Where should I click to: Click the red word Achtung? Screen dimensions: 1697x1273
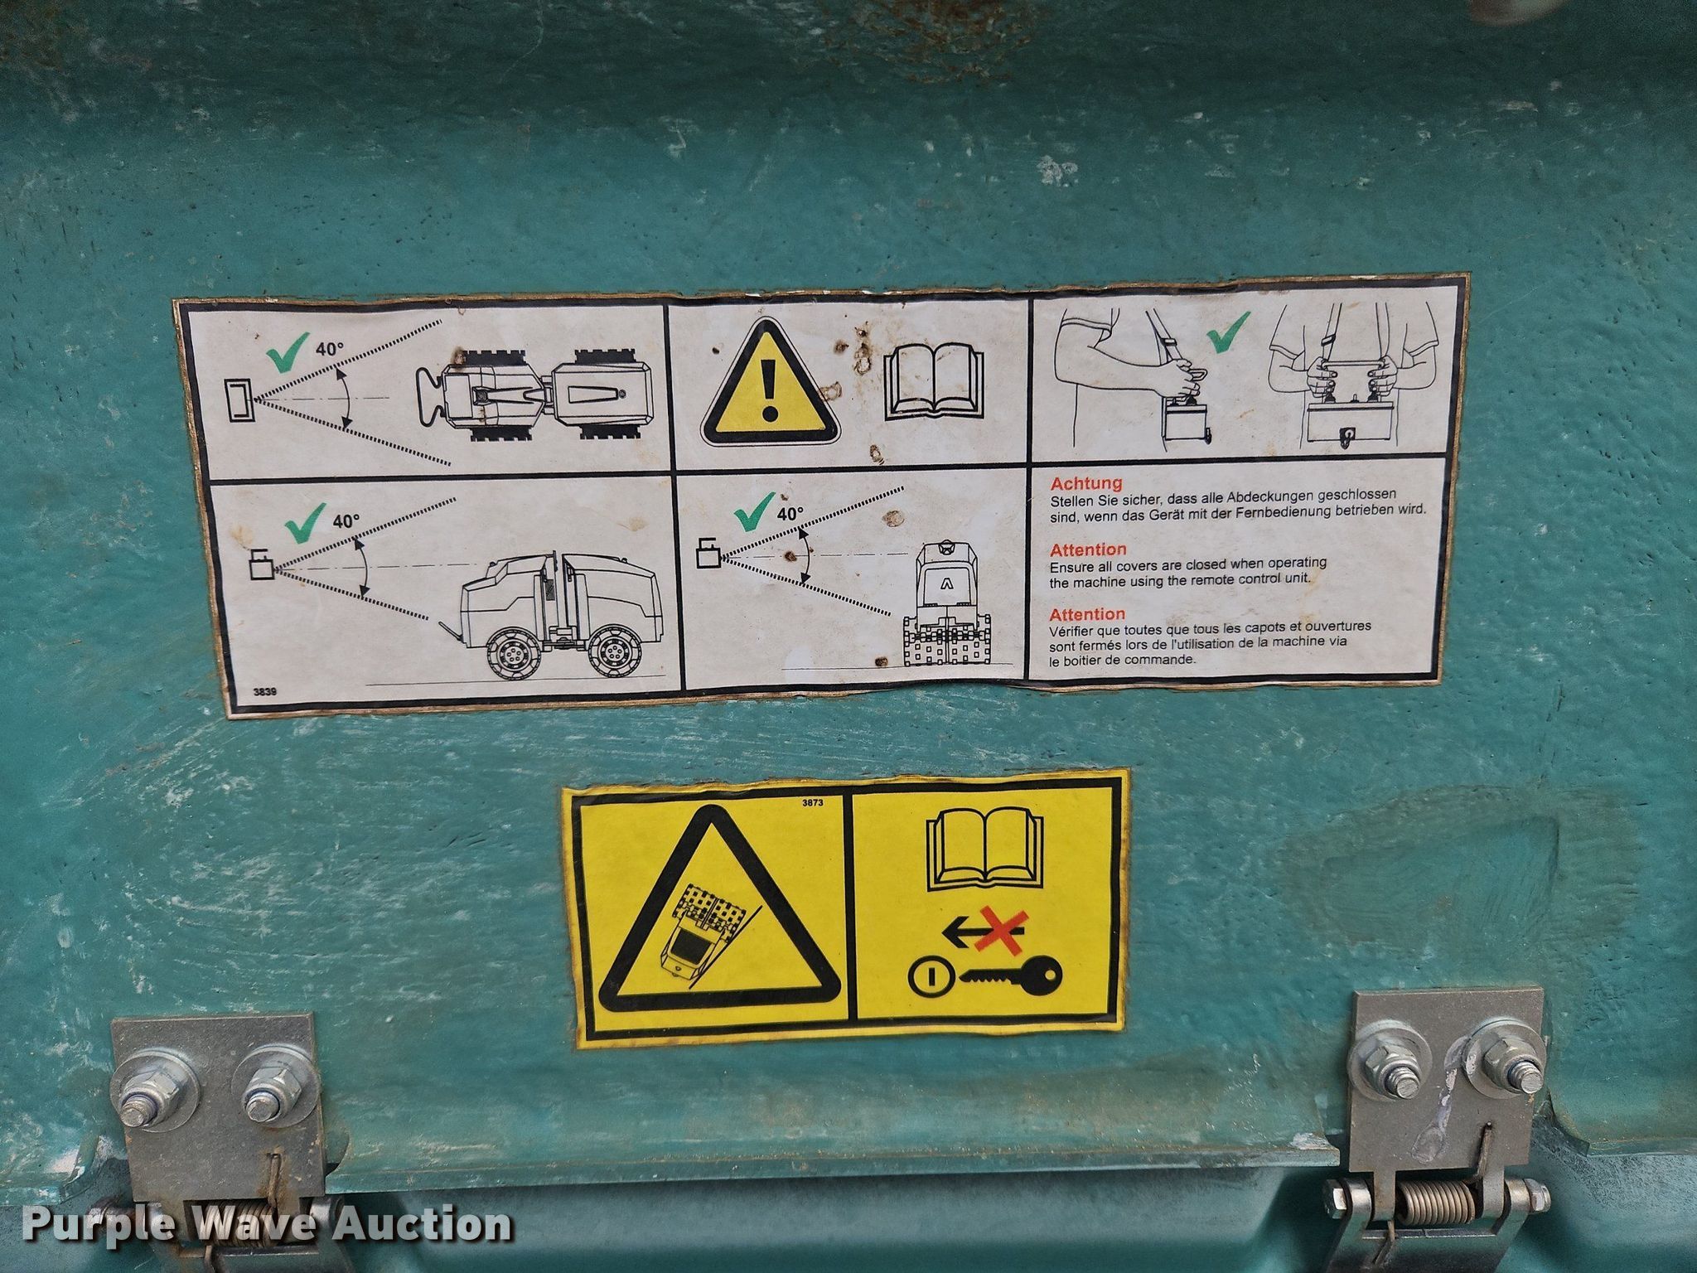[1086, 482]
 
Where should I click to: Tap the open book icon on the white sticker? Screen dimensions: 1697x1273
[934, 382]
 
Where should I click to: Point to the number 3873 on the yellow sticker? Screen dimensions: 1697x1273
[813, 802]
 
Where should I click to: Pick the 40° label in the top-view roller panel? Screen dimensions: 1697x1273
[330, 349]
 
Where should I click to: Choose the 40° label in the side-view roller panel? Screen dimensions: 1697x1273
[346, 521]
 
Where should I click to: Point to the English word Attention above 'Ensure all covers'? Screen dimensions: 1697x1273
[1088, 549]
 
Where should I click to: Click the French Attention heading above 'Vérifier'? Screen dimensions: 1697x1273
[1087, 614]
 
